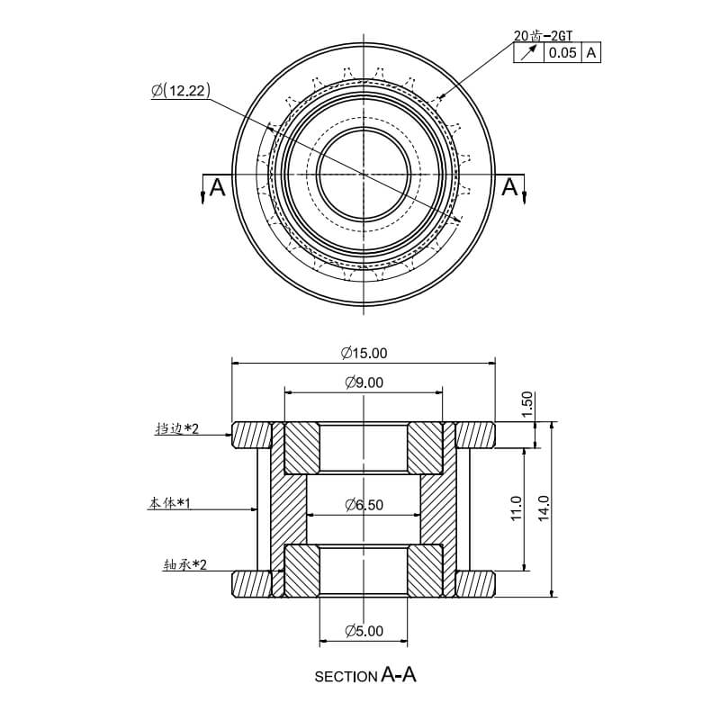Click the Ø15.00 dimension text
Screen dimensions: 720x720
pyautogui.click(x=364, y=353)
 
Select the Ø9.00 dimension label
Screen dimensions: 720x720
pyautogui.click(x=364, y=382)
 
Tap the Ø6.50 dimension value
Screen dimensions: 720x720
pyautogui.click(x=364, y=505)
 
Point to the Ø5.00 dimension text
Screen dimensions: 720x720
pyautogui.click(x=364, y=631)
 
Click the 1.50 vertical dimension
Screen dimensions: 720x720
pyautogui.click(x=528, y=404)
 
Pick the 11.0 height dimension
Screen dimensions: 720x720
pyautogui.click(x=516, y=508)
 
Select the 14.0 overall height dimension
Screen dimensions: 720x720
pyautogui.click(x=544, y=508)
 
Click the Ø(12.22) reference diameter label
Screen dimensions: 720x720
pyautogui.click(x=181, y=91)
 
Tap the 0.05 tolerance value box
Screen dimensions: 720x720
pyautogui.click(x=562, y=53)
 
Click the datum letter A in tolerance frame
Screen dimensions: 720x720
pyautogui.click(x=591, y=53)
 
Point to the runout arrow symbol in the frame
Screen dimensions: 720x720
pyautogui.click(x=528, y=53)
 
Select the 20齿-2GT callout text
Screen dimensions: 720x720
pyautogui.click(x=543, y=36)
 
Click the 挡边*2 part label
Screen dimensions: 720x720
pyautogui.click(x=177, y=429)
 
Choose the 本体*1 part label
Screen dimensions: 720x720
pyautogui.click(x=169, y=503)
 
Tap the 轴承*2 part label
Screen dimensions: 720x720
pyautogui.click(x=184, y=564)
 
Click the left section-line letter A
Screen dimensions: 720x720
pyautogui.click(x=217, y=188)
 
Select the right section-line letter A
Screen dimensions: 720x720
pyautogui.click(x=509, y=187)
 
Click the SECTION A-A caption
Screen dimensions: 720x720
pyautogui.click(x=365, y=675)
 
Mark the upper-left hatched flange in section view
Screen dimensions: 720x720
pyautogui.click(x=251, y=435)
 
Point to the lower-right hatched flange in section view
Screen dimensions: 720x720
pyautogui.click(x=476, y=583)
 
